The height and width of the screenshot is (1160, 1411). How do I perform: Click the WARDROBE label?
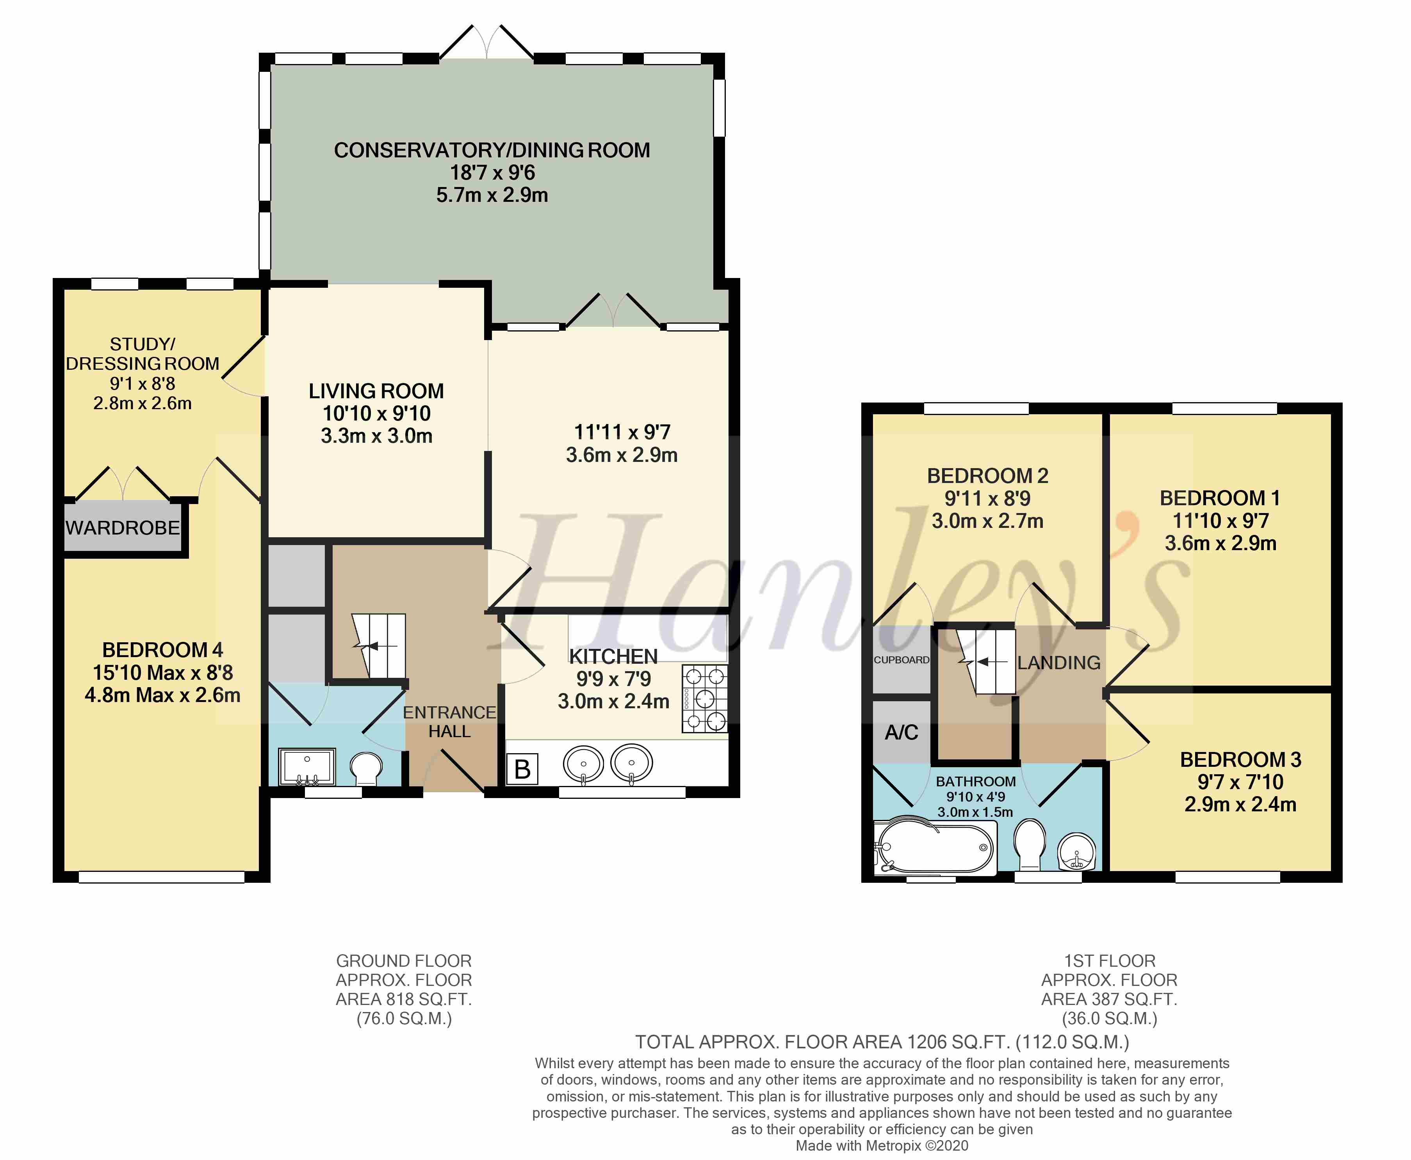click(x=123, y=528)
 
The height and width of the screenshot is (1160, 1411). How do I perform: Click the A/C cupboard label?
click(x=901, y=732)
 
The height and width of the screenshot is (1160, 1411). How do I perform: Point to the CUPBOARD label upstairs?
click(x=901, y=659)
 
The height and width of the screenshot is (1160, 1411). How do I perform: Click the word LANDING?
click(x=1059, y=663)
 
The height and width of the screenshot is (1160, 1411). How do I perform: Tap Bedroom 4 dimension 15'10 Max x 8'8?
click(x=162, y=672)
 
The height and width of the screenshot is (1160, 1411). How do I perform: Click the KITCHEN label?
click(x=613, y=656)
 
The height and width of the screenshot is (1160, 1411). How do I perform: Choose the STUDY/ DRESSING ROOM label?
click(x=142, y=354)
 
